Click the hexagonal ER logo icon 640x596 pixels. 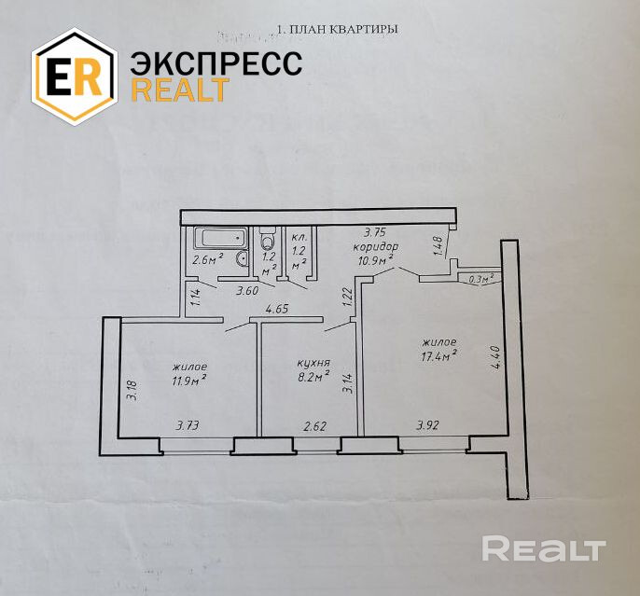pyautogui.click(x=74, y=76)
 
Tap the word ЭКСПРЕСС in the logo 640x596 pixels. pyautogui.click(x=216, y=63)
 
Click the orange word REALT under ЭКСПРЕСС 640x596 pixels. pyautogui.click(x=180, y=90)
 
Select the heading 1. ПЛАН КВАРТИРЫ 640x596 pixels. pyautogui.click(x=338, y=29)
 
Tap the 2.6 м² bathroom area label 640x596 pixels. pyautogui.click(x=207, y=261)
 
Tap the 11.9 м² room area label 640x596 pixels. pyautogui.click(x=188, y=380)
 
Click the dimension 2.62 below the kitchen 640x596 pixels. pyautogui.click(x=313, y=426)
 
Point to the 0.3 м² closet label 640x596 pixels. pyautogui.click(x=480, y=278)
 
